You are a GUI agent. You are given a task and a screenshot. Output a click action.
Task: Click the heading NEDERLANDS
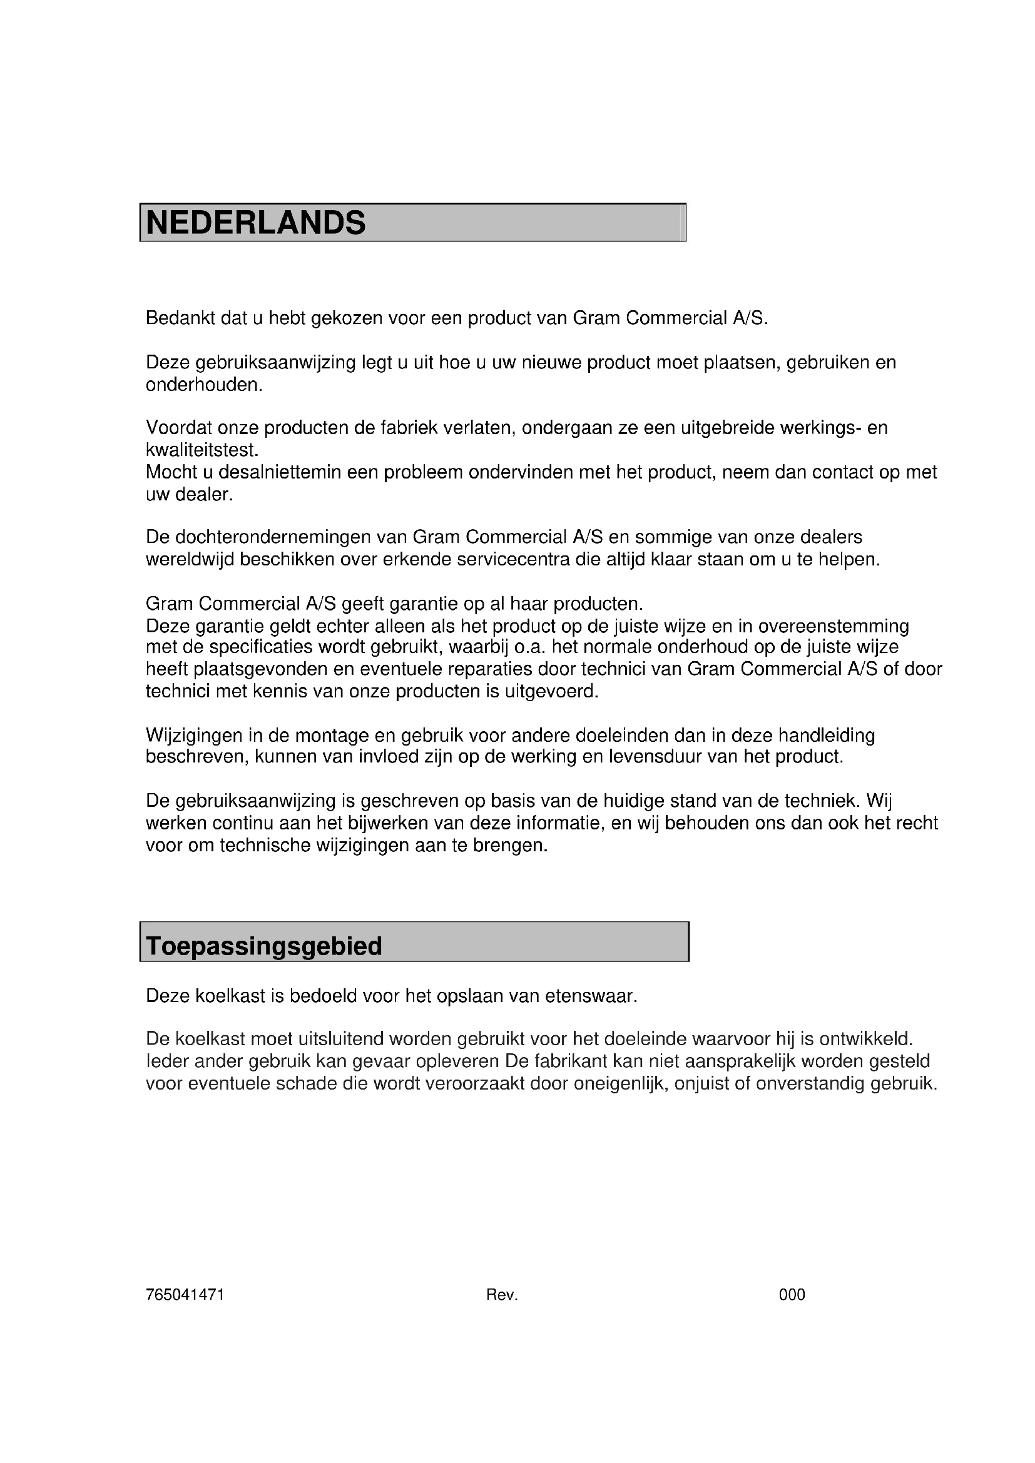256,223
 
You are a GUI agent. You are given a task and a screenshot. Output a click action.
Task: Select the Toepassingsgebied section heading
264,946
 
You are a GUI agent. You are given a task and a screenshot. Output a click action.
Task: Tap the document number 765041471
185,1295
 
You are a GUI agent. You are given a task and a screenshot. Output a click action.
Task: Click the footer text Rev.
502,1295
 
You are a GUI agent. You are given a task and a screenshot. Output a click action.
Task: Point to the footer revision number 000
792,1295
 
